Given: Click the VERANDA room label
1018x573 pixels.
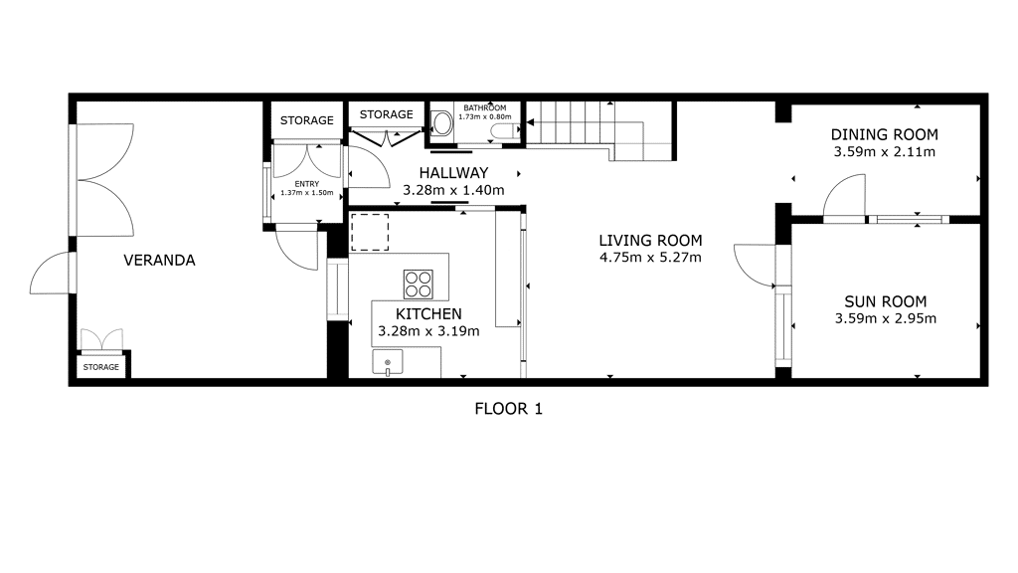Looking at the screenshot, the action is click(x=159, y=261).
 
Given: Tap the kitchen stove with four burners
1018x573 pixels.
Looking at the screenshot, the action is click(x=419, y=284).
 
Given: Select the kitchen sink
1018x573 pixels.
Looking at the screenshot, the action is click(x=388, y=362).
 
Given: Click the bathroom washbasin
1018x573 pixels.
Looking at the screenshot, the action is click(x=442, y=123).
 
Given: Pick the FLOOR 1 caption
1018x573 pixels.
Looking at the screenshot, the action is click(x=508, y=409).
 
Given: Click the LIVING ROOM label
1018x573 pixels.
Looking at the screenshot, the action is click(x=650, y=241).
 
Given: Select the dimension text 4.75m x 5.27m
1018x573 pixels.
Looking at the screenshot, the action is click(x=650, y=258).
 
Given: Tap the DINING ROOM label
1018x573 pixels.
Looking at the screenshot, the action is click(x=884, y=134).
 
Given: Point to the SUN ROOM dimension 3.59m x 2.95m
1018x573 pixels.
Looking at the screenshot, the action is click(x=886, y=318).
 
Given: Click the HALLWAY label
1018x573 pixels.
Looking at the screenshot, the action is click(x=453, y=173).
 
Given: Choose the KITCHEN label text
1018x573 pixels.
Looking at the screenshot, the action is click(x=428, y=313).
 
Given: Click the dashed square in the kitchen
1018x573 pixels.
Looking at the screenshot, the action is click(x=370, y=232).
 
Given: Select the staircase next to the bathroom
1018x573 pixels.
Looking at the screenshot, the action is click(x=600, y=131).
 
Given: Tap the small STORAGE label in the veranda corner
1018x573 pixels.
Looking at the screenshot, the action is click(x=101, y=367).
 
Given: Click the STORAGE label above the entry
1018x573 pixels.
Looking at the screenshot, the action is click(x=307, y=120).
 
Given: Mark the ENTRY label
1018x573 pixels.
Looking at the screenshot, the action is click(x=307, y=184).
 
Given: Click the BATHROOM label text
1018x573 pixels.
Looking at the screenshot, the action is click(x=485, y=107).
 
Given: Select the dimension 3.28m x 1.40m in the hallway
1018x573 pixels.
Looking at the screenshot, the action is click(x=453, y=190).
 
